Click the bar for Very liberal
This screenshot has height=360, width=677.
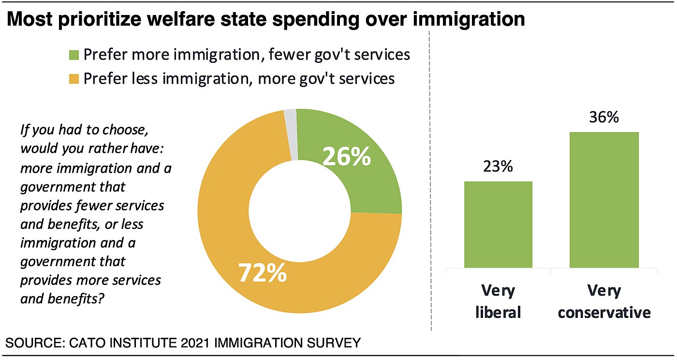click(x=498, y=225)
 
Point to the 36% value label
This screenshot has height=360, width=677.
click(x=604, y=117)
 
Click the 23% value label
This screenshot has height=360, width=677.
click(x=498, y=167)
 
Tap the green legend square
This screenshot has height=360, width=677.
click(x=74, y=55)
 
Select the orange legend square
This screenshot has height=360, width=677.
click(x=74, y=78)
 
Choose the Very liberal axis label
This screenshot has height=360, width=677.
click(x=498, y=301)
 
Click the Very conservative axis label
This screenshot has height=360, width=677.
click(x=604, y=301)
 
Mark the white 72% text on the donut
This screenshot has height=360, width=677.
click(x=263, y=273)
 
